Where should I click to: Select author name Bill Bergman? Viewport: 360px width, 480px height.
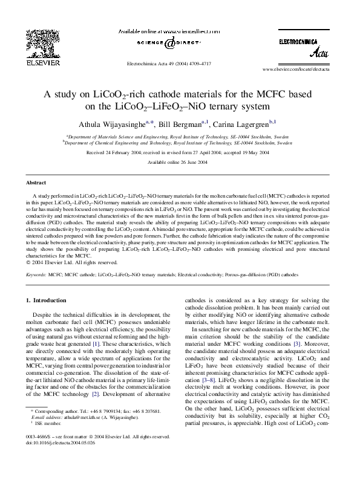pyautogui.click(x=181, y=122)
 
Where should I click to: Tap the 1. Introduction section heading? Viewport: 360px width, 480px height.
pyautogui.click(x=48, y=300)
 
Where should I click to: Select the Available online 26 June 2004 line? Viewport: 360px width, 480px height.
pyautogui.click(x=180, y=163)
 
